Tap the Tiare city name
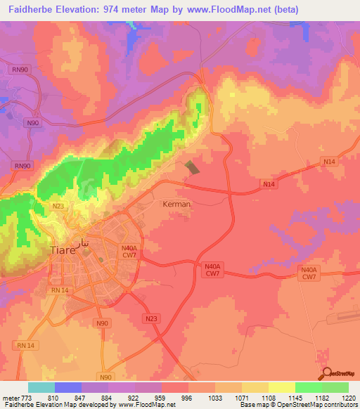[65, 250]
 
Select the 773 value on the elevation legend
[27, 398]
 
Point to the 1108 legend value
[268, 398]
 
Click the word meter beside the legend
[10, 398]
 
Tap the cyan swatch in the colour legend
[41, 387]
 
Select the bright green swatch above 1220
[335, 387]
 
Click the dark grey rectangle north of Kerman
[191, 168]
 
